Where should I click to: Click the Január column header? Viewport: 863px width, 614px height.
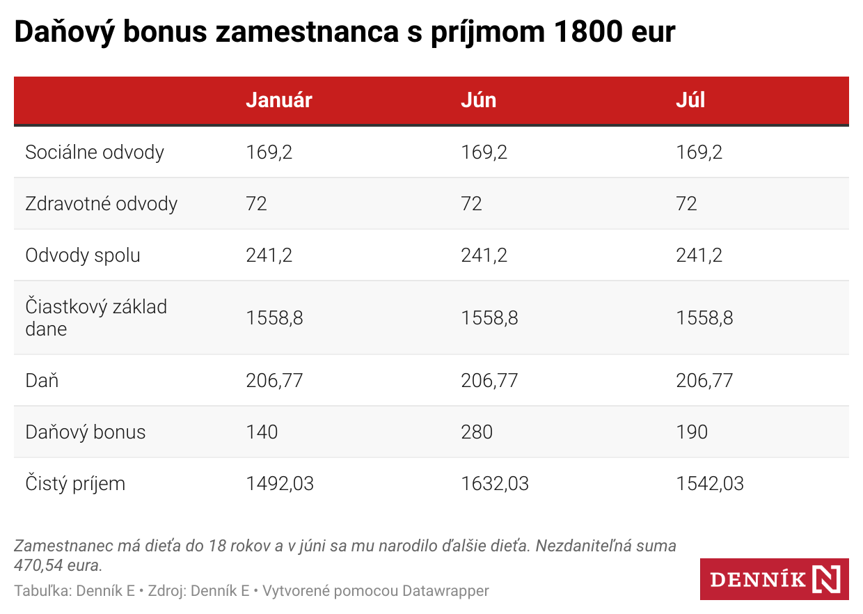(279, 100)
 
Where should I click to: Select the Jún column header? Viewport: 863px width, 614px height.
(479, 100)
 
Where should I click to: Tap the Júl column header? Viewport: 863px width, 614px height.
(690, 100)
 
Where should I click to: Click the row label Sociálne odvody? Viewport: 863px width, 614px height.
(95, 152)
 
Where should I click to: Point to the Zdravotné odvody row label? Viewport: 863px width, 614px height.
(102, 204)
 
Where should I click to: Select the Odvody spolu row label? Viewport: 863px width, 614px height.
(83, 255)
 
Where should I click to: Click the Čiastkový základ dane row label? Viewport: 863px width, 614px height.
(96, 317)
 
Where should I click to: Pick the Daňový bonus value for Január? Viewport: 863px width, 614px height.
(262, 432)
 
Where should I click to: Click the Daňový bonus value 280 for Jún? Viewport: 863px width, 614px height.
(477, 432)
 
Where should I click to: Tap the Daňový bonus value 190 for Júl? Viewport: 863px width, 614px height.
(692, 432)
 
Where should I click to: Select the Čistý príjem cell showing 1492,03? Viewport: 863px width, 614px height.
(280, 483)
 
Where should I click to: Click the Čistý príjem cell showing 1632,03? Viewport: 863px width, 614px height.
(495, 483)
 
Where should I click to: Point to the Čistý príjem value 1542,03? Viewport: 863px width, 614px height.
(710, 483)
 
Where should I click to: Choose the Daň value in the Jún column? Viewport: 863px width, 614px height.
(489, 380)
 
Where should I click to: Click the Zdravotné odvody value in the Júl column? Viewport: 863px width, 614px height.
(686, 204)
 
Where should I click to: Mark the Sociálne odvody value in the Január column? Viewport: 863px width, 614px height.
(269, 152)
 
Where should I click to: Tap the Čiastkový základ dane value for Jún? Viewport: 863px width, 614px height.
(489, 318)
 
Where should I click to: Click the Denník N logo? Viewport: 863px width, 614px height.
(774, 579)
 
